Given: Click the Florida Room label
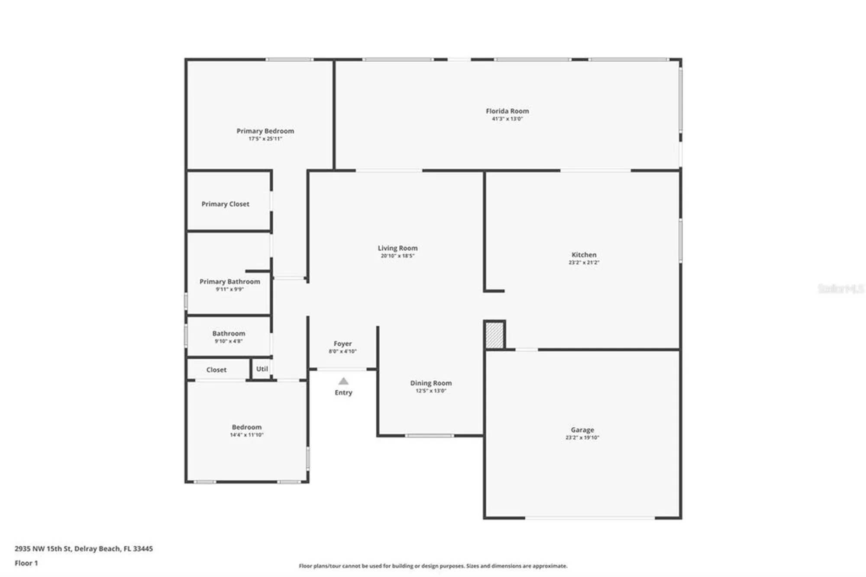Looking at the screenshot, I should (x=507, y=111).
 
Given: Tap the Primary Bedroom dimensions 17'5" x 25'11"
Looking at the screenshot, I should (x=265, y=139).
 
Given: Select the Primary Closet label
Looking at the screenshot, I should (x=225, y=204).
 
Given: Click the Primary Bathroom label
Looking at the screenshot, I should (x=229, y=282).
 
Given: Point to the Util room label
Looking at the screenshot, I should (x=262, y=369).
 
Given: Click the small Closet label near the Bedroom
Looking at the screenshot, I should (x=216, y=370).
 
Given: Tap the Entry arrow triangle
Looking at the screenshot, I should (x=343, y=381).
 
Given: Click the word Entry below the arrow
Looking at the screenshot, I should (x=343, y=392).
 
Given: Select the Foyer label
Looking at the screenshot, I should (x=343, y=344).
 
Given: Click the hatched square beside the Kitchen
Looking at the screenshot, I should (x=494, y=335).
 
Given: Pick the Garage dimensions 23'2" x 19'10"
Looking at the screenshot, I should (x=582, y=438).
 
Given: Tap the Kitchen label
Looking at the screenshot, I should (x=584, y=255).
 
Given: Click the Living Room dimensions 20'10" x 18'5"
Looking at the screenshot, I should (x=397, y=256).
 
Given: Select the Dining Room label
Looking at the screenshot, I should (x=431, y=383).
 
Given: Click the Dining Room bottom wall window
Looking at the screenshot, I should (x=429, y=435).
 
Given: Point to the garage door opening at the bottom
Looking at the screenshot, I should (x=590, y=518).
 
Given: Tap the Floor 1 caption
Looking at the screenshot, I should (x=26, y=563).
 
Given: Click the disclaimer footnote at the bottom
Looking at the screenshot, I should (x=433, y=566).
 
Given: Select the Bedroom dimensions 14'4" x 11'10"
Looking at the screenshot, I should (x=246, y=435).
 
